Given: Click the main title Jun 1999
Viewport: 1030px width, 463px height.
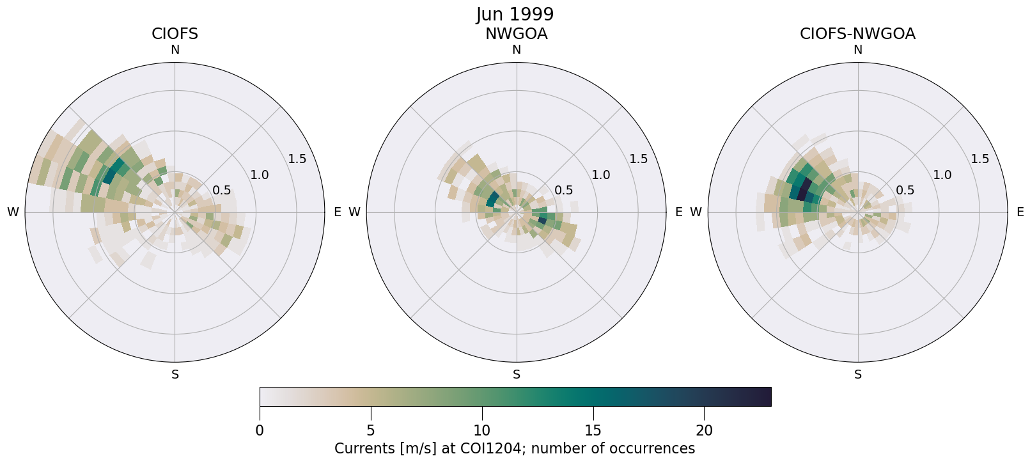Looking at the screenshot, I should coord(515,14).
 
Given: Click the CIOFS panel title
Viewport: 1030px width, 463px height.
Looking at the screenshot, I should coord(175,34).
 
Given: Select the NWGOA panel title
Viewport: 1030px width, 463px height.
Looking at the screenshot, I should coord(516,34).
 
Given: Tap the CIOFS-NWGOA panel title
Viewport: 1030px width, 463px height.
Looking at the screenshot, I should coord(857,34).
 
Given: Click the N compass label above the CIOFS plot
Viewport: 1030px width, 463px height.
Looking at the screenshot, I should coord(175,50).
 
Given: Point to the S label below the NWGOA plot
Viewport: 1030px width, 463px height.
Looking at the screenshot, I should coord(516,375).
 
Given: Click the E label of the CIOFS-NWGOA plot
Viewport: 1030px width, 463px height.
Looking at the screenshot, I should coord(1020,212).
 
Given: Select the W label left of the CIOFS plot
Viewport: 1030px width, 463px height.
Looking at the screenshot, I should coord(13,212).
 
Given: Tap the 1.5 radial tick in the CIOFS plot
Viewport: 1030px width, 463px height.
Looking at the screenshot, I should coord(297,159).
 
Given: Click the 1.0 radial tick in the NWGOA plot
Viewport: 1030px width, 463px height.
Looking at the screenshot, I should coord(601,175).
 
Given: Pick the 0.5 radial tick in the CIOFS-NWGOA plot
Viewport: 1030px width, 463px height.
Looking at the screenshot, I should coord(905,191).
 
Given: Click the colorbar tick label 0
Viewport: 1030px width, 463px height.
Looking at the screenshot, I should coord(260,431).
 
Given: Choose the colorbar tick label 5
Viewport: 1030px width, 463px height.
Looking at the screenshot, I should coord(371,431).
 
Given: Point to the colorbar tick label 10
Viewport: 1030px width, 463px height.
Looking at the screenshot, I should coord(481,431).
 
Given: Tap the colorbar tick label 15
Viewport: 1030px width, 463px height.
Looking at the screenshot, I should coord(593,431).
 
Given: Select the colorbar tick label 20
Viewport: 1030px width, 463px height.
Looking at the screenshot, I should coord(704,431).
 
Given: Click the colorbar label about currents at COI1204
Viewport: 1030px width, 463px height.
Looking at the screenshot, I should coord(515,449).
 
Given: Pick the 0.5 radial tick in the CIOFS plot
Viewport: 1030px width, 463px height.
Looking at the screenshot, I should coord(222,191).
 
